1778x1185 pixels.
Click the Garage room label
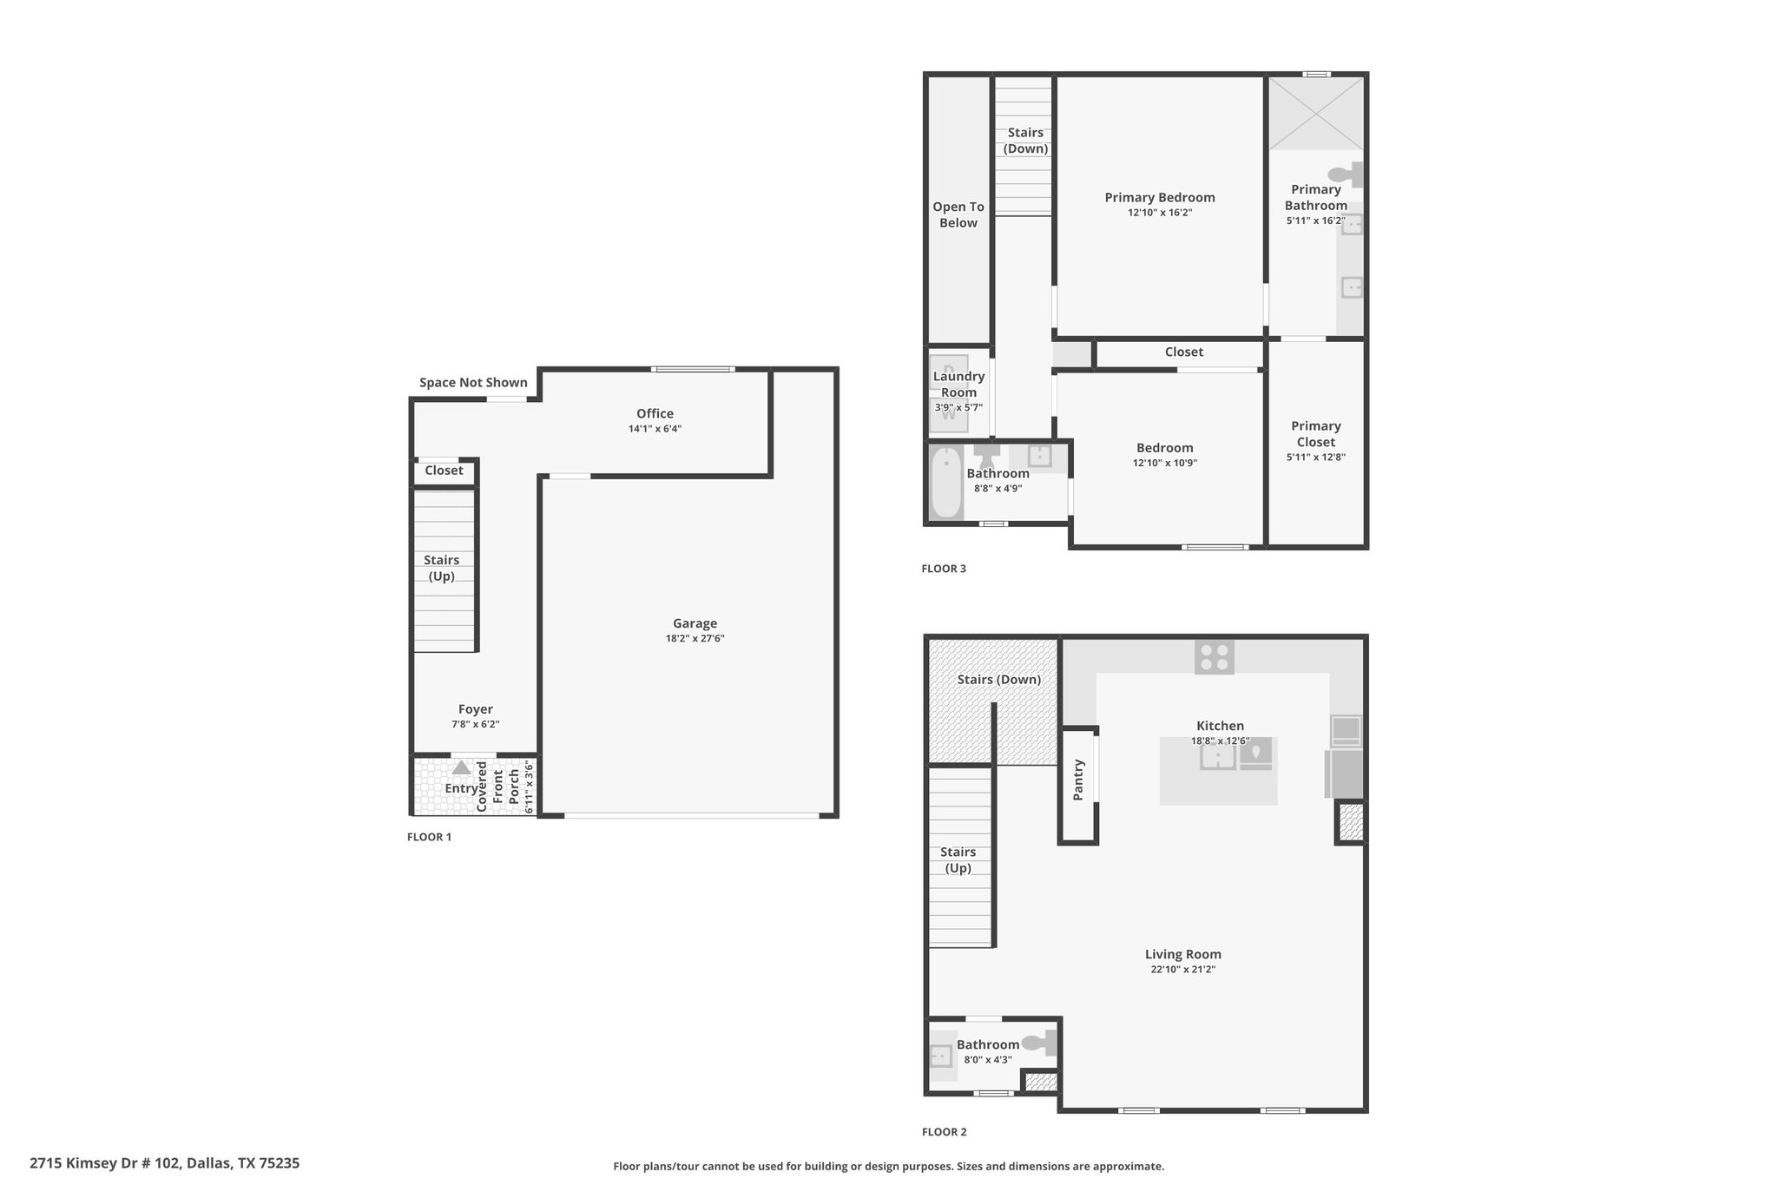click(x=695, y=623)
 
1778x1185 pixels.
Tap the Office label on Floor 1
click(x=655, y=414)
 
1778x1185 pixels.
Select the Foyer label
click(x=475, y=709)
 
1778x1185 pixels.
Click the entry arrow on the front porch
click(x=461, y=767)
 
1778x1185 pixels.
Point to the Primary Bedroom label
click(x=1160, y=198)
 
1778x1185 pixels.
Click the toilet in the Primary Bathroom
click(x=1345, y=174)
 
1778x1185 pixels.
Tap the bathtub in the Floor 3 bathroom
click(x=946, y=483)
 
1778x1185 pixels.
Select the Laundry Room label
click(x=958, y=385)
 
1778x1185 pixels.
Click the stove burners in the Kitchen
click(x=1215, y=657)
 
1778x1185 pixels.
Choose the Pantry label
click(x=1078, y=780)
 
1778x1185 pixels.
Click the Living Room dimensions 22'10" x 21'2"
click(x=1183, y=970)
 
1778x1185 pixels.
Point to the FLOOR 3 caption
click(x=944, y=569)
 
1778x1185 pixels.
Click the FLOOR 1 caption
click(x=429, y=837)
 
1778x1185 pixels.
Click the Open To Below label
click(x=958, y=214)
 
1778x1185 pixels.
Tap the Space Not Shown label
click(x=473, y=383)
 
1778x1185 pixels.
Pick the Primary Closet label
click(x=1316, y=434)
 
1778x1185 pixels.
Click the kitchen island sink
click(x=1218, y=756)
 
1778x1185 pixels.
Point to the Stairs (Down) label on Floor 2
click(x=999, y=680)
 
